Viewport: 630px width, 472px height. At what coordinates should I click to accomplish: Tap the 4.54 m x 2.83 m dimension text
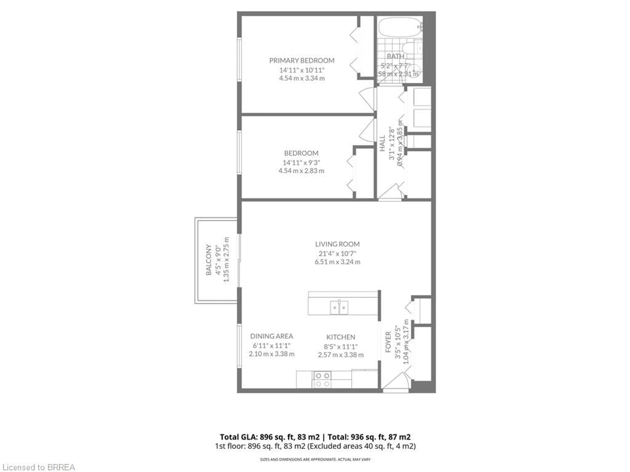301,171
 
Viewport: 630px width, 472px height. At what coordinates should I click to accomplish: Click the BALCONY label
209,260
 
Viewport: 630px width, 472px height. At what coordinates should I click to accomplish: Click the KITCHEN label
341,337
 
